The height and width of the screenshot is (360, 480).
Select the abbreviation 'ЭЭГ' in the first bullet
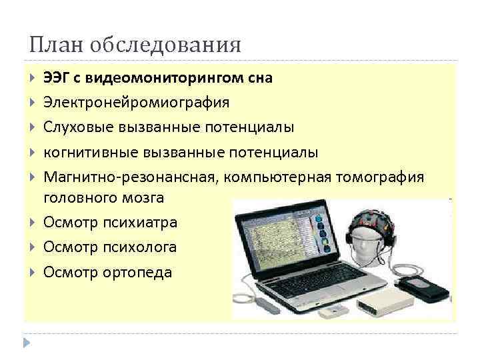(57, 78)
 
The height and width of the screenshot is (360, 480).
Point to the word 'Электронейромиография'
(136, 103)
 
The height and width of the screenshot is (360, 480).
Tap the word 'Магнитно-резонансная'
(131, 176)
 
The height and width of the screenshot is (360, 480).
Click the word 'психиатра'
(140, 223)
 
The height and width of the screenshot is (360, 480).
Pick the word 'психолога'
(139, 247)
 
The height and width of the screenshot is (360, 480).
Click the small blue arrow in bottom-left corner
(27, 343)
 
